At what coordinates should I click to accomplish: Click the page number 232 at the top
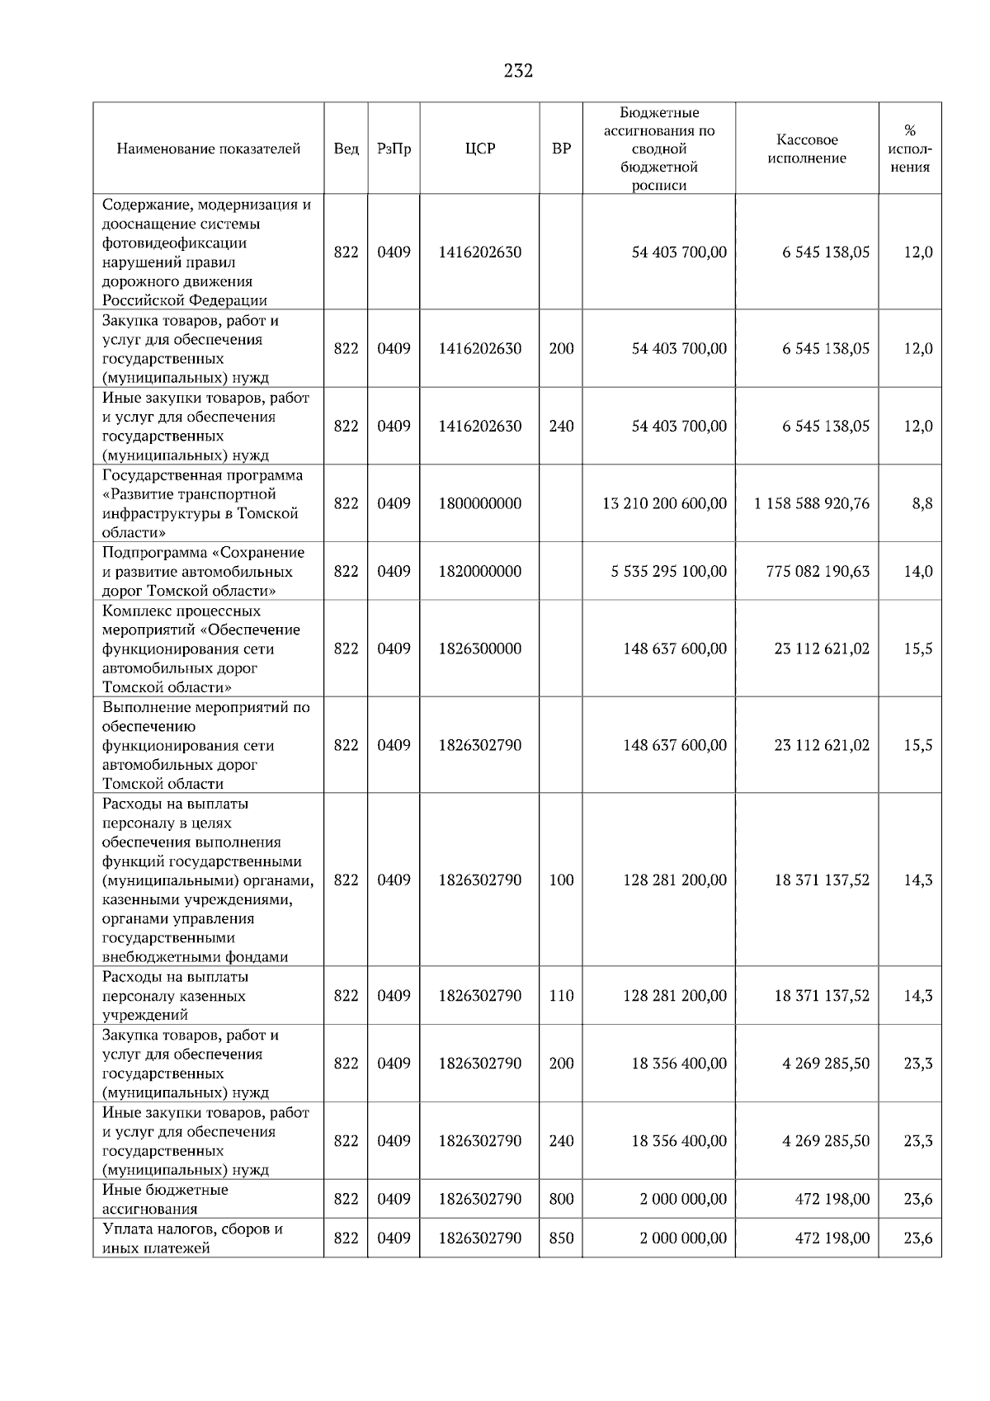click(x=518, y=71)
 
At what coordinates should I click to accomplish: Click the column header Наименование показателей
click(x=209, y=149)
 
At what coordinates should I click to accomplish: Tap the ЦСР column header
click(x=480, y=149)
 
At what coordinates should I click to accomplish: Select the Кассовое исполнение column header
click(x=807, y=149)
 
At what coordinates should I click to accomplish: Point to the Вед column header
click(x=346, y=149)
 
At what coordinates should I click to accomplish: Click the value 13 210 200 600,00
click(x=665, y=503)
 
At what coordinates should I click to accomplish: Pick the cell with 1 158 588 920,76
click(x=811, y=503)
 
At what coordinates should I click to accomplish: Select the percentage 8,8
click(x=922, y=503)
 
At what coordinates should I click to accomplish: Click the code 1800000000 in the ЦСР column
click(x=480, y=503)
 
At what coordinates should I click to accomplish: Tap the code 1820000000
click(x=480, y=571)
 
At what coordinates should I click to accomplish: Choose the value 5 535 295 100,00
click(x=668, y=571)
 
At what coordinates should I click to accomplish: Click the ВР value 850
click(x=561, y=1238)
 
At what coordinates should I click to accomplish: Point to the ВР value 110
click(x=561, y=996)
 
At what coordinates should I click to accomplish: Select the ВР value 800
click(x=561, y=1199)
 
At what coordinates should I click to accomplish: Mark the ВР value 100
click(x=561, y=880)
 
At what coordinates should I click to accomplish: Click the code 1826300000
click(x=480, y=649)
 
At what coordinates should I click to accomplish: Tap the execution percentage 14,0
click(x=917, y=571)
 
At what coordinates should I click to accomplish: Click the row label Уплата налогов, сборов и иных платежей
click(x=192, y=1238)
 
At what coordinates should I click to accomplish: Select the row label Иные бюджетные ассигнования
click(x=165, y=1199)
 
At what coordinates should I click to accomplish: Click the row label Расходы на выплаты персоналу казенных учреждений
click(x=175, y=996)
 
